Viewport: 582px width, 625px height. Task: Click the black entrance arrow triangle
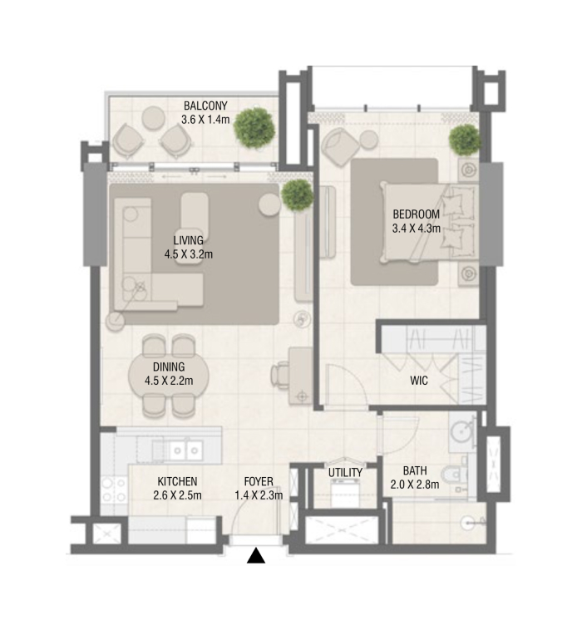point(255,556)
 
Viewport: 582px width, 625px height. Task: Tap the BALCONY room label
point(205,106)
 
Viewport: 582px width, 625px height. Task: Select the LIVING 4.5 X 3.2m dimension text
point(189,254)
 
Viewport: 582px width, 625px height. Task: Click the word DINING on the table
point(169,367)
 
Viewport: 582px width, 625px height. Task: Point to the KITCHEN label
point(177,481)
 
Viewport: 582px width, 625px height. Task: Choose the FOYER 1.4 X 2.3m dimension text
point(259,495)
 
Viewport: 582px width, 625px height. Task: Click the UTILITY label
point(345,473)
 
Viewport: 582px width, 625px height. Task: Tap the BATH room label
point(415,470)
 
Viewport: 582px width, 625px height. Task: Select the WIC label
point(419,381)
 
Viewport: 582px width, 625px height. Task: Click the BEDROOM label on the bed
point(417,214)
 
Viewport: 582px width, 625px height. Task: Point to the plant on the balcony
point(254,128)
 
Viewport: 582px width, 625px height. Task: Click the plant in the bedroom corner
point(465,140)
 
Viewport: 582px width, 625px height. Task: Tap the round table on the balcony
point(154,118)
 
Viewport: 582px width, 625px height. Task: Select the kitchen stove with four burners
point(114,490)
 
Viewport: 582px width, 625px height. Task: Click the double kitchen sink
point(185,450)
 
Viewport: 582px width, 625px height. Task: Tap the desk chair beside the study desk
point(280,375)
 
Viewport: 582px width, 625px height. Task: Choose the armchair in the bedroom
point(340,146)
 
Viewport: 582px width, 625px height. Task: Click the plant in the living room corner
point(297,195)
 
